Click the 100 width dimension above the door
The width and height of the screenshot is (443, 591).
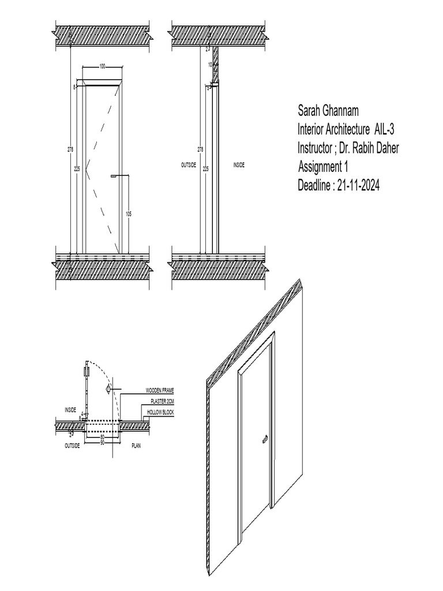click(102, 66)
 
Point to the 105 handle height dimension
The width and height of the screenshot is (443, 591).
click(128, 214)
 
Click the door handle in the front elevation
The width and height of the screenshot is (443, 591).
click(115, 174)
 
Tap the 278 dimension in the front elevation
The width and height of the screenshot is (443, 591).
click(70, 149)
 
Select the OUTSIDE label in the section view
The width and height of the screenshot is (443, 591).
click(189, 165)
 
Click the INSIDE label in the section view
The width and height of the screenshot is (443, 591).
click(239, 165)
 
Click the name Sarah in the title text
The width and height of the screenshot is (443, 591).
click(311, 110)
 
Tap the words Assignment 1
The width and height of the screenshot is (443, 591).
click(324, 167)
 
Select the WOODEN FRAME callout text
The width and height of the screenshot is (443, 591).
click(159, 391)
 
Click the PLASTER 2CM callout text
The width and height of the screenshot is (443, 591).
click(162, 401)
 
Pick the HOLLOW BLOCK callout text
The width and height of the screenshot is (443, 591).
click(160, 412)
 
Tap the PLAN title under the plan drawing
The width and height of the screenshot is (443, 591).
click(137, 446)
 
